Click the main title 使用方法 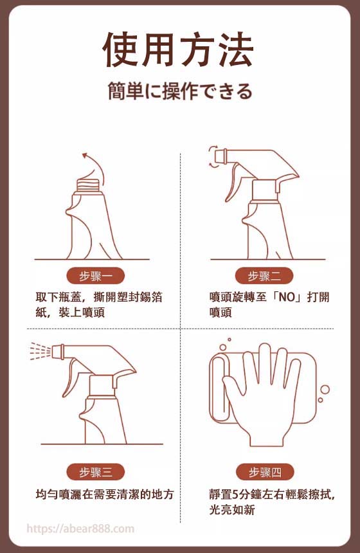(x=178, y=50)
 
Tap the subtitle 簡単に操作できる (x=180, y=91)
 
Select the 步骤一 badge (x=96, y=276)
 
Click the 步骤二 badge (x=264, y=276)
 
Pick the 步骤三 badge (x=96, y=472)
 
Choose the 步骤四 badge (x=265, y=472)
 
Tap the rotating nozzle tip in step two (x=224, y=157)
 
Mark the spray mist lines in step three (x=40, y=351)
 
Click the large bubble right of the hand (x=325, y=390)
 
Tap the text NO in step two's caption (x=286, y=297)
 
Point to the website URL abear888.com (x=80, y=529)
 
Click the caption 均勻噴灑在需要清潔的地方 (x=105, y=494)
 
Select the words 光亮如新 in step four (x=232, y=510)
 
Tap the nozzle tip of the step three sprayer (x=57, y=352)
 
